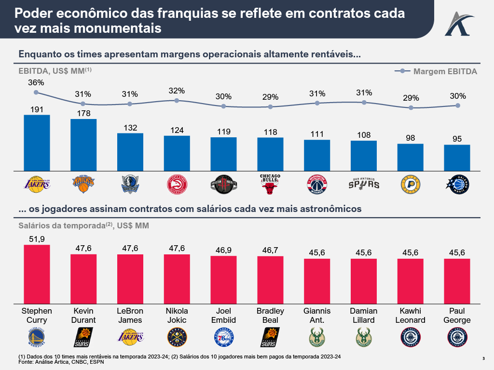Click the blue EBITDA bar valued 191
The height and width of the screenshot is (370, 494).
[x=37, y=143]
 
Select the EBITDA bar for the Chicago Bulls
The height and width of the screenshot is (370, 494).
[x=270, y=154]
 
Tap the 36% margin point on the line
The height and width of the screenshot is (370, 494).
[x=36, y=92]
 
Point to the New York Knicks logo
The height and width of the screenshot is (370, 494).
[x=83, y=184]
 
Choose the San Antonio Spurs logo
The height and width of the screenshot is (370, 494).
[x=363, y=184]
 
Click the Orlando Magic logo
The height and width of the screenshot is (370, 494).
[x=457, y=184]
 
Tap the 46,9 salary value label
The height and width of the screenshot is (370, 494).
[x=223, y=250]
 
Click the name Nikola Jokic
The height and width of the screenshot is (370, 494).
[x=177, y=315]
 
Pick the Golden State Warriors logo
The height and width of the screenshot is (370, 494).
[x=37, y=337]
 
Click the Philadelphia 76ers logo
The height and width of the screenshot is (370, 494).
[x=223, y=337]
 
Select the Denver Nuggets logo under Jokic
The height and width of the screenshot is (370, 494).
[x=177, y=337]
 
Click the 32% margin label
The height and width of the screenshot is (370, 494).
[x=177, y=91]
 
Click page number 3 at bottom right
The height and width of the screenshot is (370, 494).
[x=484, y=358]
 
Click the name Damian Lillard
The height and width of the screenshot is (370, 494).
[x=363, y=315]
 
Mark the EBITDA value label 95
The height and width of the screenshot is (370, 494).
[x=457, y=139]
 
